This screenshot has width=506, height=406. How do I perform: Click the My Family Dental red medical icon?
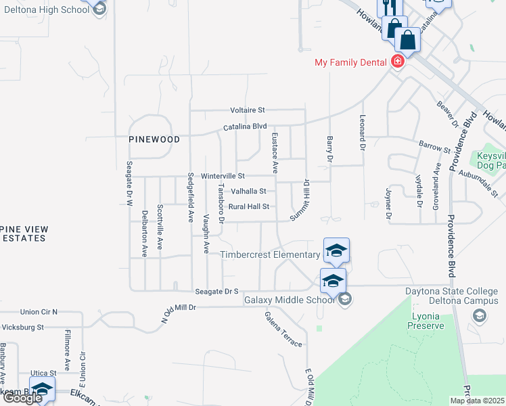pyautogui.click(x=398, y=62)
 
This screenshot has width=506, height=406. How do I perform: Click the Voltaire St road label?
pyautogui.click(x=248, y=110)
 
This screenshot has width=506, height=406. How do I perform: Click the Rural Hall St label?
pyautogui.click(x=249, y=206)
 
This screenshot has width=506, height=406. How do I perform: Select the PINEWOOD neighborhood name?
pyautogui.click(x=155, y=139)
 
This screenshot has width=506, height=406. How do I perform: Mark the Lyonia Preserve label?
pyautogui.click(x=425, y=321)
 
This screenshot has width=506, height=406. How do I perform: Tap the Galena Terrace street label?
pyautogui.click(x=283, y=330)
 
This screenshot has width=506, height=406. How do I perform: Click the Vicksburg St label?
pyautogui.click(x=22, y=327)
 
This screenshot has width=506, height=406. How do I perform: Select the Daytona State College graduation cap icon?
pyautogui.click(x=479, y=315)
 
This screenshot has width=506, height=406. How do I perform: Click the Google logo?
pyautogui.click(x=22, y=398)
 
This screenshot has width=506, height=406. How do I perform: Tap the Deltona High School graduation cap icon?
pyautogui.click(x=99, y=9)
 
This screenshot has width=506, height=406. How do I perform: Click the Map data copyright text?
pyautogui.click(x=477, y=401)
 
